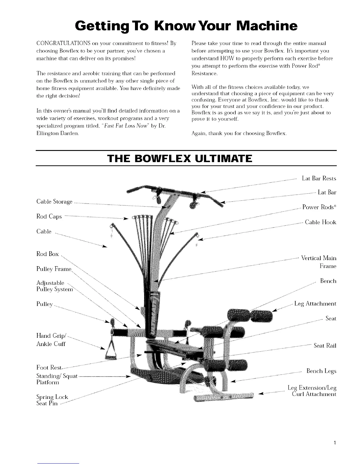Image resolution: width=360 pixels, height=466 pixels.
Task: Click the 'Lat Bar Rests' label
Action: tap(319, 179)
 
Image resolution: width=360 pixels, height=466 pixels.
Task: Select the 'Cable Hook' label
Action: tap(320, 222)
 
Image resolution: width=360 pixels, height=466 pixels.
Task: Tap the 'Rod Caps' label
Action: tap(49, 217)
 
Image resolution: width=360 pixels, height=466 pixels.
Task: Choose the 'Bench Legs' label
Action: tap(321, 371)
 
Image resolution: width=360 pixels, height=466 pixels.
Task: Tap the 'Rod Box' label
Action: tap(48, 254)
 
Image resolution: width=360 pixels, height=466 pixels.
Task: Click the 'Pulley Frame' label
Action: tap(54, 269)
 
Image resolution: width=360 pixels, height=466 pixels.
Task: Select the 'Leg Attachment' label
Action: tap(315, 304)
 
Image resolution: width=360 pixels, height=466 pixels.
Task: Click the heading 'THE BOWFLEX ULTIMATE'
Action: tap(180, 159)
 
